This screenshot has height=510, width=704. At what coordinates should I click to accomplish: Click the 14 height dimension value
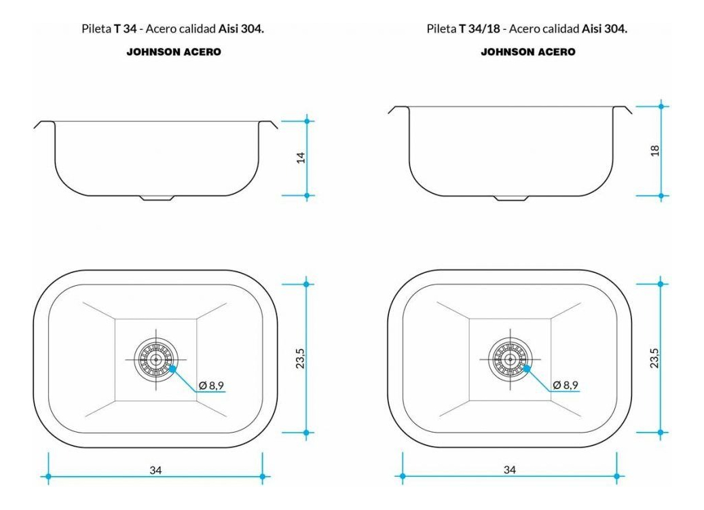(301, 158)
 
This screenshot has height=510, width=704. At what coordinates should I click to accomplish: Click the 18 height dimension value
(654, 150)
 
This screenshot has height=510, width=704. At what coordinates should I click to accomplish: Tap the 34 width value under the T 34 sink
(155, 470)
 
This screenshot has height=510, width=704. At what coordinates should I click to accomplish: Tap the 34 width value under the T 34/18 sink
(510, 470)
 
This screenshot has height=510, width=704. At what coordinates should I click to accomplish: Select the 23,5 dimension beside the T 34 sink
(300, 359)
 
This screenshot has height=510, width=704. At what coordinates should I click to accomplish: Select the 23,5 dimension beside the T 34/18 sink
(654, 359)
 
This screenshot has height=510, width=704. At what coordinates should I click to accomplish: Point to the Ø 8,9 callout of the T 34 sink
(211, 385)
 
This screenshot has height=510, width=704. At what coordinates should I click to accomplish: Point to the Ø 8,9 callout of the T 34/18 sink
(566, 385)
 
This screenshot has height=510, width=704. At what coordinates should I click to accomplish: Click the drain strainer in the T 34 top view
(156, 359)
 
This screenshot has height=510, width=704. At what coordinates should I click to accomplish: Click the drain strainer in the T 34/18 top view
(511, 359)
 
